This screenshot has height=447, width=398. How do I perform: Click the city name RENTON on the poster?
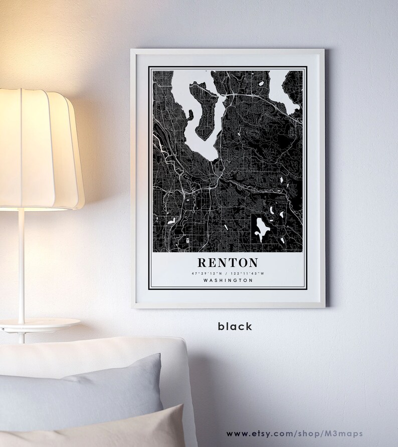point(228,262)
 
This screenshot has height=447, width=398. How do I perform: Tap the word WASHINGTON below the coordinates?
point(228,280)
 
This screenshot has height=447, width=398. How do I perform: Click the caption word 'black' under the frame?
point(235,326)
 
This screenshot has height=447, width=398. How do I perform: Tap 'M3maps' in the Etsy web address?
point(345,433)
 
